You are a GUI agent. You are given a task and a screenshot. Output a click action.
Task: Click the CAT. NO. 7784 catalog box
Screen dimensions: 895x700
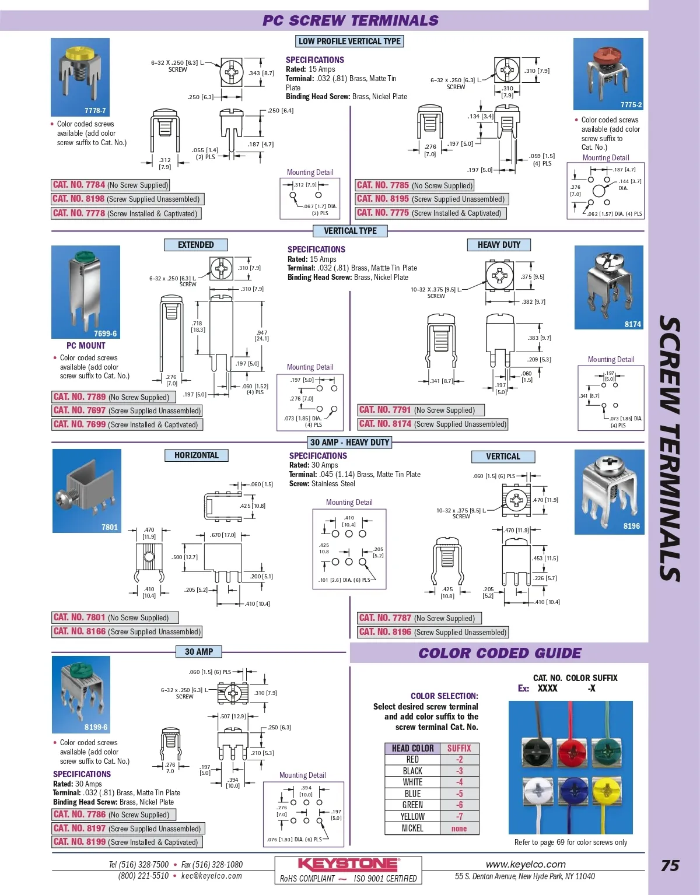pyautogui.click(x=110, y=185)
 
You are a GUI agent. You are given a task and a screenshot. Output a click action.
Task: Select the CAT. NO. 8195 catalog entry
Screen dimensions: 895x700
pyautogui.click(x=431, y=199)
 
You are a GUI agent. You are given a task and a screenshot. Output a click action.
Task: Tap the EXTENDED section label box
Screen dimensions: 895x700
pyautogui.click(x=195, y=245)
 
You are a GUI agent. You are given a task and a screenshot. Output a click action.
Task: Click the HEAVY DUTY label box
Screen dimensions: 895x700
pyautogui.click(x=499, y=245)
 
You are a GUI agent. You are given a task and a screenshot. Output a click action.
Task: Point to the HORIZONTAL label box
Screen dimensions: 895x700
pyautogui.click(x=196, y=455)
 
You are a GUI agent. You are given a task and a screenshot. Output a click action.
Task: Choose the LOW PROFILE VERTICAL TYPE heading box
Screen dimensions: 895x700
pyautogui.click(x=349, y=41)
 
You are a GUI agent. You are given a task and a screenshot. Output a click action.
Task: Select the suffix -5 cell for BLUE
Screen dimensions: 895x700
pyautogui.click(x=459, y=794)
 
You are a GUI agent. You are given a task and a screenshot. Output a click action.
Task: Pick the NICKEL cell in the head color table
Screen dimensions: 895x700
pyautogui.click(x=412, y=828)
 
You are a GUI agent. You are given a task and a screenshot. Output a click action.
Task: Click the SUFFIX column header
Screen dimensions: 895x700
pyautogui.click(x=459, y=748)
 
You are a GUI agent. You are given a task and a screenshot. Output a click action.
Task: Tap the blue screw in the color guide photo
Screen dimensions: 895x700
pyautogui.click(x=573, y=791)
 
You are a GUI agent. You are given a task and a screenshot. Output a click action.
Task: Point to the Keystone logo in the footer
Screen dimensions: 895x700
pyautogui.click(x=348, y=864)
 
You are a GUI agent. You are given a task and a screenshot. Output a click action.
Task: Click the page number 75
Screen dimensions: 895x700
pyautogui.click(x=670, y=866)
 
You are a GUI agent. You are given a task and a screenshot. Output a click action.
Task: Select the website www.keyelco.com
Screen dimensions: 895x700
pyautogui.click(x=526, y=864)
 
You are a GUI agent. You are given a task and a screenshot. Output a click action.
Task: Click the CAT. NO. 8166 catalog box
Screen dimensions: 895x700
pyautogui.click(x=127, y=631)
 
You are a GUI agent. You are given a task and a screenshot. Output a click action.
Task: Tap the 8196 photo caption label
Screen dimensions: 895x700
pyautogui.click(x=631, y=526)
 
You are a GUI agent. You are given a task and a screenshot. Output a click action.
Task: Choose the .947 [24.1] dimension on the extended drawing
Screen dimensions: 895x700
pyautogui.click(x=262, y=335)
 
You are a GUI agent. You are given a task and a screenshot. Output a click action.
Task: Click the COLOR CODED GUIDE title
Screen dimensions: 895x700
pyautogui.click(x=500, y=653)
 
